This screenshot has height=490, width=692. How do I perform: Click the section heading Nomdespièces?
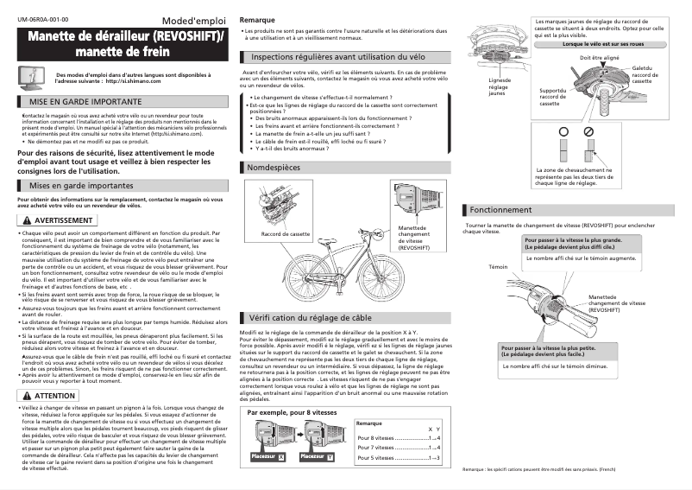274,165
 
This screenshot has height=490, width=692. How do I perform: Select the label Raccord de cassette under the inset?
285,234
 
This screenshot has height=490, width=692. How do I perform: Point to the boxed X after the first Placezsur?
280,456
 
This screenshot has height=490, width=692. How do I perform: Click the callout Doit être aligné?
599,57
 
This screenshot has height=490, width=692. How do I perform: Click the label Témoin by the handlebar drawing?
498,267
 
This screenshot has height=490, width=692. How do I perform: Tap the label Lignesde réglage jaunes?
499,86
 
